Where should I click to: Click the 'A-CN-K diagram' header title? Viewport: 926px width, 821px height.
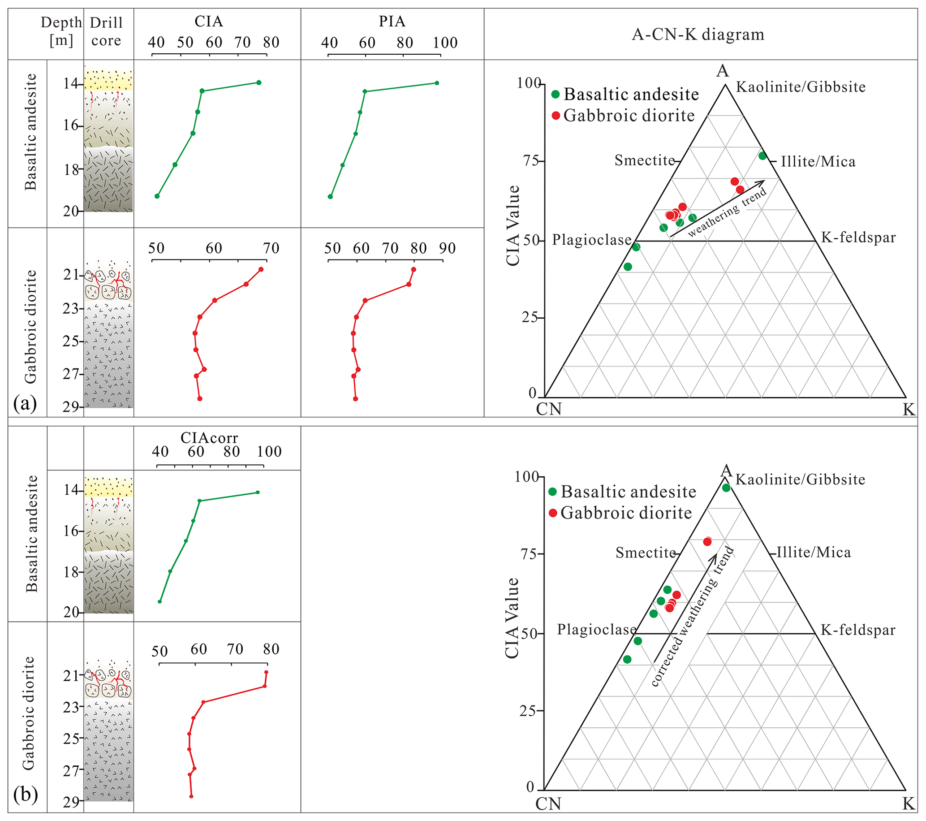tap(698, 35)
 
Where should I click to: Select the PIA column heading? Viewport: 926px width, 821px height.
tap(392, 22)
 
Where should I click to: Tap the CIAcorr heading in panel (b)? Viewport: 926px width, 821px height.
tap(209, 438)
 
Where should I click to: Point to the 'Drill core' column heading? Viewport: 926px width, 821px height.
tap(106, 31)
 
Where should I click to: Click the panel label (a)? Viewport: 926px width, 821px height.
tap(25, 403)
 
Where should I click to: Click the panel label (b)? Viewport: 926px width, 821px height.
tap(26, 794)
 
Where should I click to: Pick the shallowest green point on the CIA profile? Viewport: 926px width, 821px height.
tap(258, 82)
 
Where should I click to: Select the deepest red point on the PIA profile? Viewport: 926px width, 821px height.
tap(356, 399)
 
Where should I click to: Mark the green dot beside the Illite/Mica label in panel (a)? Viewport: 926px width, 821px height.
tap(762, 156)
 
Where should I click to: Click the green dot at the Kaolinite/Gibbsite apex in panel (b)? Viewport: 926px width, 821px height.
tap(726, 488)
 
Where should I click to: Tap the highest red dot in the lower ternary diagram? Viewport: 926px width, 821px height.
tap(707, 541)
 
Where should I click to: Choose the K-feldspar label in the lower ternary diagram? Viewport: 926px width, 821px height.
tap(858, 630)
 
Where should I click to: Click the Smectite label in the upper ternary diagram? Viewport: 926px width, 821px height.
tap(645, 160)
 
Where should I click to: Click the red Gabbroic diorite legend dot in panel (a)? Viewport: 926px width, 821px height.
tap(556, 116)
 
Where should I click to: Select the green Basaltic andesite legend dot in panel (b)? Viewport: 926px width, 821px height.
tap(553, 492)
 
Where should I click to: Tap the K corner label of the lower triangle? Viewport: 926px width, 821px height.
tap(909, 804)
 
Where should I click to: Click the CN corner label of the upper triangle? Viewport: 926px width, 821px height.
tap(549, 409)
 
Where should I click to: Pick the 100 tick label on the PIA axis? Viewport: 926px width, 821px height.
tap(445, 43)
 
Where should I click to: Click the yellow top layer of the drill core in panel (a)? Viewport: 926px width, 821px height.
tap(109, 81)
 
